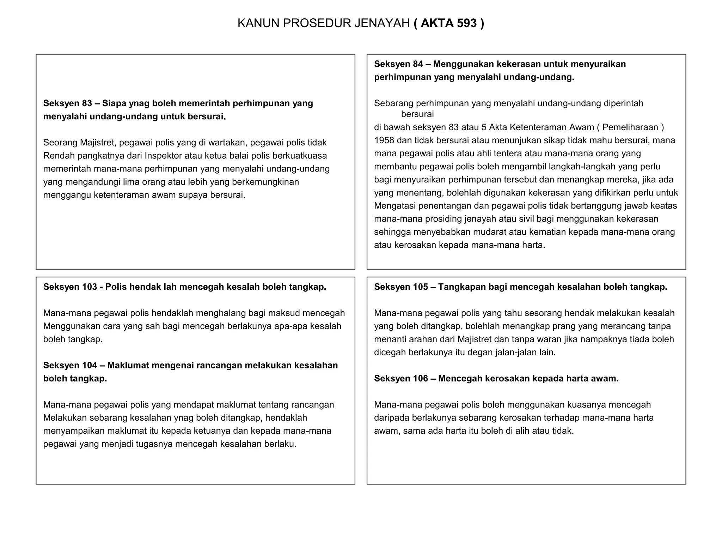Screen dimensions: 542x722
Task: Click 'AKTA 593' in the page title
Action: (448, 23)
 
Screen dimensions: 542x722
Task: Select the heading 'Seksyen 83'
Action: (67, 103)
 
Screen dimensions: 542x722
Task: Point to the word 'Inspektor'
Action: (163, 156)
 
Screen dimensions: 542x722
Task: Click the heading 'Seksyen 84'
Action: (398, 64)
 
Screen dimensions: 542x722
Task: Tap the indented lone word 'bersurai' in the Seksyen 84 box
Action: (417, 114)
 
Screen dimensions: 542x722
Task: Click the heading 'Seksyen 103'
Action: (70, 287)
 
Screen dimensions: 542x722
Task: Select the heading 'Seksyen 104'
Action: (70, 365)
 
